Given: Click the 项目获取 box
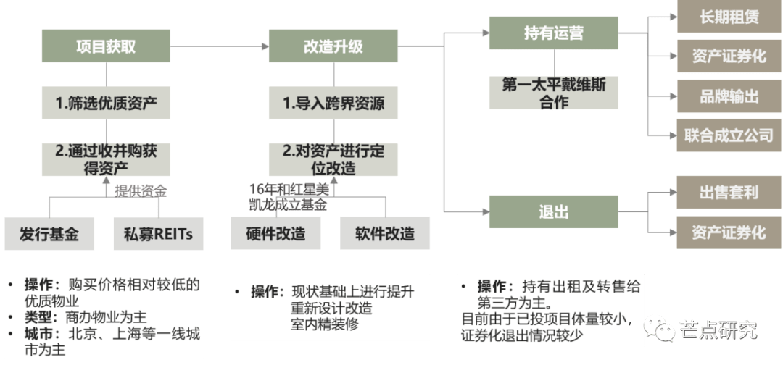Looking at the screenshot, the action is (106, 46).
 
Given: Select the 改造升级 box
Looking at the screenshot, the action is (333, 46).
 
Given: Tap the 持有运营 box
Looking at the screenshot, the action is (553, 33).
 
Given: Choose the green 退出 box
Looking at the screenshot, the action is (553, 211).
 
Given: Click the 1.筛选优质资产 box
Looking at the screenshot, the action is (106, 103).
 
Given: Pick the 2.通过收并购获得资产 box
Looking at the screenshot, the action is (106, 159).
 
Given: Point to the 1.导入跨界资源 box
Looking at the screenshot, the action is (333, 103).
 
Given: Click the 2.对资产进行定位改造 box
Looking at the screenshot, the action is (333, 159).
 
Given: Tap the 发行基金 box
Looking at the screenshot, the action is (49, 233).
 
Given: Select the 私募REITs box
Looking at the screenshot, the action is (158, 233).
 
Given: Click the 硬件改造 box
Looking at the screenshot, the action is (275, 233).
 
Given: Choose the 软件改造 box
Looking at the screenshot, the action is (384, 233).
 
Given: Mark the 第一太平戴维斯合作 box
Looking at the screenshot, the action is (553, 92).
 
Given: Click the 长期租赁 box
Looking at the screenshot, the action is (729, 17).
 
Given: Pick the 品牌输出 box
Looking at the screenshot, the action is (729, 96).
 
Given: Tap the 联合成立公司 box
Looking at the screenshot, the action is (729, 135).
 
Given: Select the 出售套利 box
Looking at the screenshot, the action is (729, 192).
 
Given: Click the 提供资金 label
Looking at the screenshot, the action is (141, 190).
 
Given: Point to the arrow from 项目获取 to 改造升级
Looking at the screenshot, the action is (220, 46).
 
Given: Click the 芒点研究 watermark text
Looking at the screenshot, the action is (718, 329).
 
